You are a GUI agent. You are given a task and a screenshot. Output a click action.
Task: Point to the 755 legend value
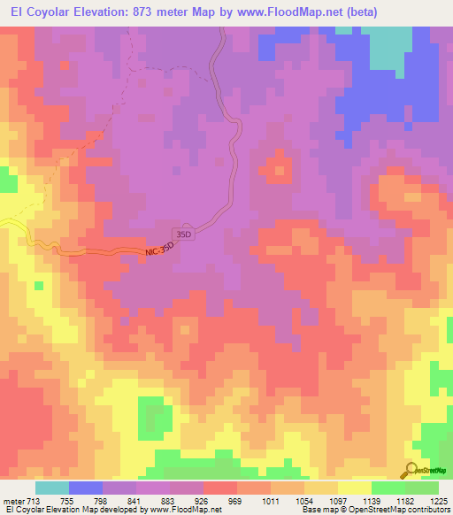(x=69, y=502)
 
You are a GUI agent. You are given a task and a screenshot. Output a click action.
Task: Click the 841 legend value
(x=136, y=502)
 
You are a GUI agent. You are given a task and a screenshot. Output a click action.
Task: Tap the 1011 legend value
(x=271, y=502)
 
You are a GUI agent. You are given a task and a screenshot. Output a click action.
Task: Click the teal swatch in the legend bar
(x=52, y=488)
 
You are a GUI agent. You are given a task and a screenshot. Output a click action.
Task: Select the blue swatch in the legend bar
(x=86, y=488)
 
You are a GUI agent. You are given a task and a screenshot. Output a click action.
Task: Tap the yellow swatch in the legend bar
(x=355, y=488)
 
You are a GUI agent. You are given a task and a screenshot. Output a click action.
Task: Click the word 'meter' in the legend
(x=13, y=502)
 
